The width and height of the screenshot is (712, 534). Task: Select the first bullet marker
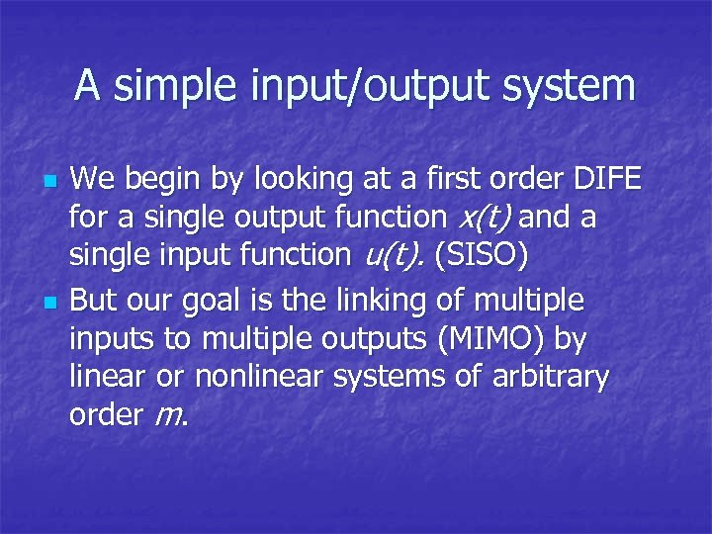click(48, 183)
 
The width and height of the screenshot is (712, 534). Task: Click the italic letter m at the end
click(167, 416)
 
